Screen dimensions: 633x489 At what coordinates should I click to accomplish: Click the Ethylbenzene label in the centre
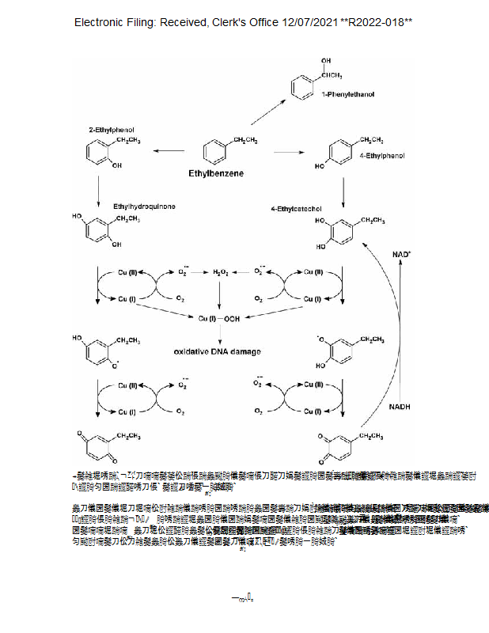tap(215, 172)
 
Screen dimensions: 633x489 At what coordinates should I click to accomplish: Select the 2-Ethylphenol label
tap(111, 128)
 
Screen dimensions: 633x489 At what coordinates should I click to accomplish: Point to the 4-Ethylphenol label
tap(381, 156)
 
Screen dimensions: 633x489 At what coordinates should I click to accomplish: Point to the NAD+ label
tap(401, 254)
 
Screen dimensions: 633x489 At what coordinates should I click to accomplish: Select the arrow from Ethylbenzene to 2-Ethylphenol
tap(169, 150)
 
